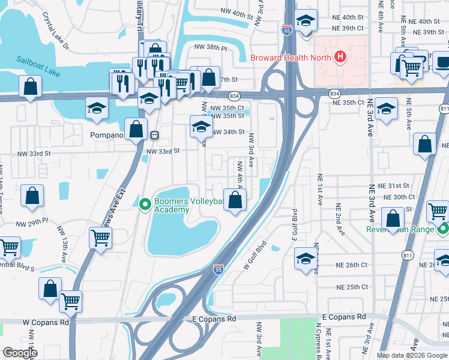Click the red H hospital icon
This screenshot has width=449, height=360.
point(340,58)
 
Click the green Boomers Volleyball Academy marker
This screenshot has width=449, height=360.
point(145,205)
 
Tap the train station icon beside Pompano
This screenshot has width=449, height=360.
point(155,135)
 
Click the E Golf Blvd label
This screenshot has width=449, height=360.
point(295,225)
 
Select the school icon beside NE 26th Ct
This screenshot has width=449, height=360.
point(306,259)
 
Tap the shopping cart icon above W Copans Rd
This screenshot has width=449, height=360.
point(71,301)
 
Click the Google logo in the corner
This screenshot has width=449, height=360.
point(20,353)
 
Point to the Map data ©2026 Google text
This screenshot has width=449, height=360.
point(412,355)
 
